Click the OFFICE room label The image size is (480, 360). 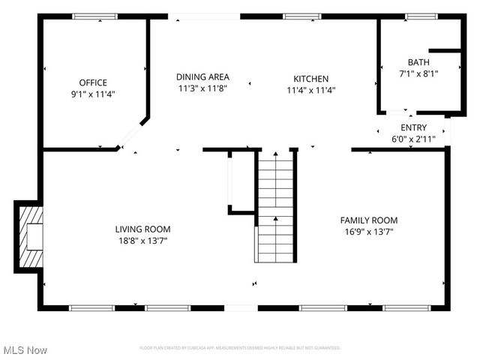click(x=94, y=82)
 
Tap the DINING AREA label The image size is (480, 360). click(x=202, y=76)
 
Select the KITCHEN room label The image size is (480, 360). click(x=310, y=79)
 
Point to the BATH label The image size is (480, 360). click(x=418, y=62)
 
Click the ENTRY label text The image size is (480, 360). click(x=413, y=128)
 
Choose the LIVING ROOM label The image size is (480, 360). click(x=142, y=229)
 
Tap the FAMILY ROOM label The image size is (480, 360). click(x=369, y=220)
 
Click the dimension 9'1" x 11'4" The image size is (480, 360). click(x=94, y=94)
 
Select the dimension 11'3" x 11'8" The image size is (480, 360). click(x=202, y=88)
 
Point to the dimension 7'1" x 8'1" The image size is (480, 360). click(x=418, y=73)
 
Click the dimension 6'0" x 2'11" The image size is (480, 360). click(x=413, y=139)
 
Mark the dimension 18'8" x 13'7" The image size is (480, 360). click(x=142, y=241)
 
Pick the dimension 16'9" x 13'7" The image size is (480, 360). click(x=369, y=232)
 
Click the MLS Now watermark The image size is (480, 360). click(x=25, y=350)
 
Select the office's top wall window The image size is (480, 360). click(x=94, y=16)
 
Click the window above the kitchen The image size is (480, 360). click(x=302, y=16)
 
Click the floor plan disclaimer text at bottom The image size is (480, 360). click(x=240, y=348)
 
